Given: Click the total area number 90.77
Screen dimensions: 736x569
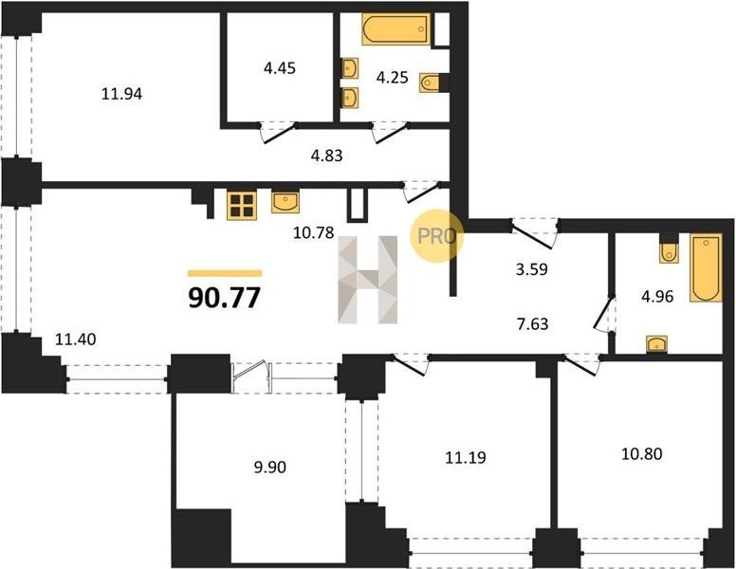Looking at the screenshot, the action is [225, 298].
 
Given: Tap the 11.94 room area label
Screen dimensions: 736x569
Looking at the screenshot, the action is [122, 94].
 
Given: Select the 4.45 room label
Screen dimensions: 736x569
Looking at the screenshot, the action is [279, 68].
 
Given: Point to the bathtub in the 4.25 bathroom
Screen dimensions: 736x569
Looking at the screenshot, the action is [396, 29].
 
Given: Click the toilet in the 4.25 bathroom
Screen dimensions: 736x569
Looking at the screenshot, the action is [431, 83].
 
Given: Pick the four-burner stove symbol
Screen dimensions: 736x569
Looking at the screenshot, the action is [242, 205].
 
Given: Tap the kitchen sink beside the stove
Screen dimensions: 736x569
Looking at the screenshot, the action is [285, 202].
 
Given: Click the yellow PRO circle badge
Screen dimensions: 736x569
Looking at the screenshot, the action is [436, 236].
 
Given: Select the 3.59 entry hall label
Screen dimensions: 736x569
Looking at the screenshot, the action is [532, 269].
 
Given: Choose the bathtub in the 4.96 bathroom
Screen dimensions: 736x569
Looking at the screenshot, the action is [706, 268].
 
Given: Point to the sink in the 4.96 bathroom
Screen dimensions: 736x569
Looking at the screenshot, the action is [657, 343].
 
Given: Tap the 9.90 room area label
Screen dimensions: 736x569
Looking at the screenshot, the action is [270, 468].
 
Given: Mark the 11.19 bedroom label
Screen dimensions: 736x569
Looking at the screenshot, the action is [465, 457].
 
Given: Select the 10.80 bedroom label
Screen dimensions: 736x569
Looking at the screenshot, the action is [642, 454].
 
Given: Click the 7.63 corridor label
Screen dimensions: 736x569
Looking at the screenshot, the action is [532, 324].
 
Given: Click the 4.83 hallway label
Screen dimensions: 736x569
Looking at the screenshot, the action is [326, 156].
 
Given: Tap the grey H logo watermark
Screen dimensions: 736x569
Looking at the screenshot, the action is [368, 280].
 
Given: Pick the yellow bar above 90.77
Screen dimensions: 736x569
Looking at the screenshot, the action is [225, 273].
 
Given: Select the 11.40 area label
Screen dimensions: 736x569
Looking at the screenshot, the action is [76, 339].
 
